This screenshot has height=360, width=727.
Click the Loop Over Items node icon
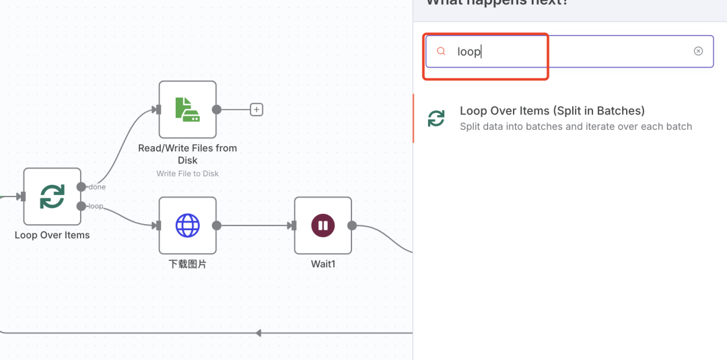coord(52,196)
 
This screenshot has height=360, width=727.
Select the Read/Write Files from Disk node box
coord(187,110)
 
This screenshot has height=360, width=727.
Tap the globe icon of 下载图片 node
coord(187,225)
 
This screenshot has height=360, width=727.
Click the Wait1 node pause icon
coord(323,225)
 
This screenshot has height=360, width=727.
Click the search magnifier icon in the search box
coord(442,51)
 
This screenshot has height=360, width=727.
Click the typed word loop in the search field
coord(469,51)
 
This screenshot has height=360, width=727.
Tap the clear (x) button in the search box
coord(698,51)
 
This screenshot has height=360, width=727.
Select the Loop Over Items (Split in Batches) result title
coord(552,111)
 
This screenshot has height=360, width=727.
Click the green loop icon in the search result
coord(436,118)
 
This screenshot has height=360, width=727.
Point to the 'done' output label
coord(97,187)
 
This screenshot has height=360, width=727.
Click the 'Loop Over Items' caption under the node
coord(52,235)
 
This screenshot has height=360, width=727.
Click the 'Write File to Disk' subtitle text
coord(187,173)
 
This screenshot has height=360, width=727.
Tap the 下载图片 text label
coord(187,264)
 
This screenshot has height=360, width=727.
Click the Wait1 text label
coord(323,264)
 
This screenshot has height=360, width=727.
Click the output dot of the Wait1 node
coord(351,225)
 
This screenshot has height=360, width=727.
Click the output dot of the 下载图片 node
coord(216,225)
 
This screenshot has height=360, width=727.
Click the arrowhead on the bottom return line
coord(258,333)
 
